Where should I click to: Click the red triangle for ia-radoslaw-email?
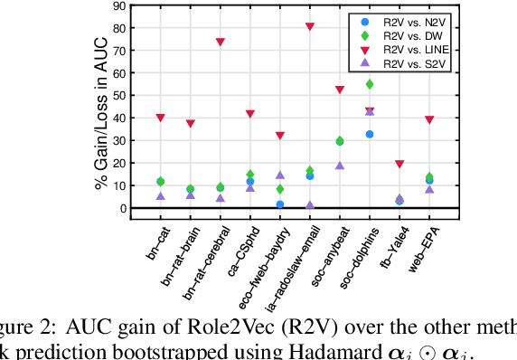[310, 27]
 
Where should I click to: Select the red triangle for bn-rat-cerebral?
[221, 43]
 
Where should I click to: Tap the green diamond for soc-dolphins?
[370, 84]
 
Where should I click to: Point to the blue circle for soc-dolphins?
[370, 134]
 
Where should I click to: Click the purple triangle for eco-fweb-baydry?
[280, 175]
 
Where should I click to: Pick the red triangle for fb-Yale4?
[399, 164]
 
